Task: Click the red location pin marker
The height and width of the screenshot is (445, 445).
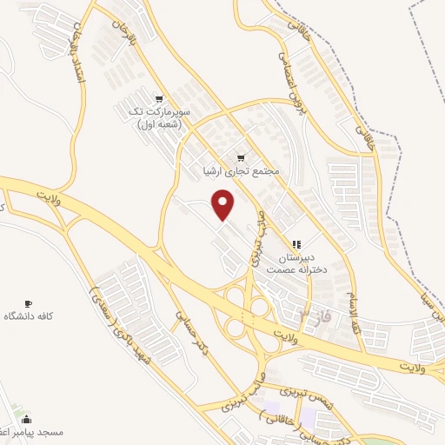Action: [x=224, y=205]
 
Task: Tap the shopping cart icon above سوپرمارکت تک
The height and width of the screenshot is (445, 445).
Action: [x=159, y=99]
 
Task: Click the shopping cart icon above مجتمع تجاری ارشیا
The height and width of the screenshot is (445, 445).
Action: [x=240, y=158]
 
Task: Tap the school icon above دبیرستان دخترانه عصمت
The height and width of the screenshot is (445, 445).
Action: [x=296, y=245]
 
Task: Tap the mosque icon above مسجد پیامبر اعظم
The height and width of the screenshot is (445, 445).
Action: [x=26, y=419]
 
